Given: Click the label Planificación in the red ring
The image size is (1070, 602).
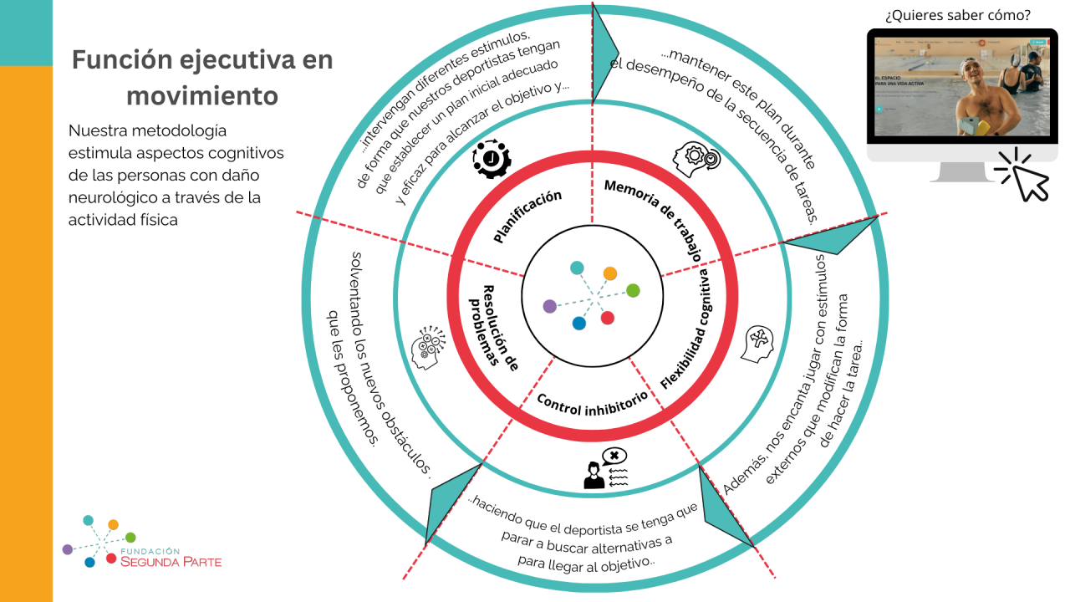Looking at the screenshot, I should (527, 217).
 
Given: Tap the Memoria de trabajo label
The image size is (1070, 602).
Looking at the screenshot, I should (654, 220).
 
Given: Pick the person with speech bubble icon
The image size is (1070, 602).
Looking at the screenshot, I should (604, 469).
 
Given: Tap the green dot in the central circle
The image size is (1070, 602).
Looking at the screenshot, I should (633, 290).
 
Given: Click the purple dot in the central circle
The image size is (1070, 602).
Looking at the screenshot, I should (549, 306).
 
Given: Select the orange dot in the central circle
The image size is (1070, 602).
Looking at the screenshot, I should (610, 273).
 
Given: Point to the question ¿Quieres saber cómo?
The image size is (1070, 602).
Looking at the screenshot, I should (957, 14).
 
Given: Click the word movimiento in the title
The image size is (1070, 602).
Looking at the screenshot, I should (202, 96).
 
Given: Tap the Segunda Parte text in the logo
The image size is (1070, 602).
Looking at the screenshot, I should (171, 562).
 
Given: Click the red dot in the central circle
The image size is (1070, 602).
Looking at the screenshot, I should (608, 318).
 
